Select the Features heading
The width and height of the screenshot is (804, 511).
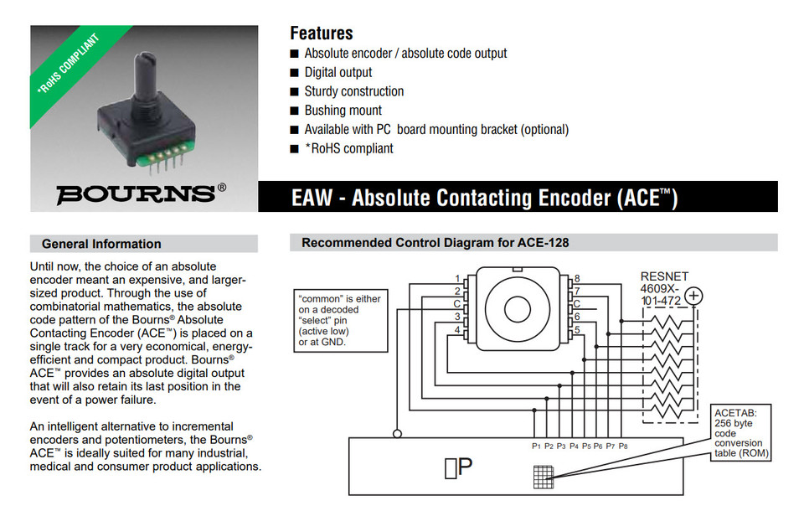(x=322, y=34)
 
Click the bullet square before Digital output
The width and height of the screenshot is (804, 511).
(x=294, y=73)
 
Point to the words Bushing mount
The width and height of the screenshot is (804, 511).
(x=343, y=111)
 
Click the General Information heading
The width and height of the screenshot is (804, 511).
(x=101, y=244)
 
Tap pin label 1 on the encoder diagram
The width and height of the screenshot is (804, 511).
(x=457, y=278)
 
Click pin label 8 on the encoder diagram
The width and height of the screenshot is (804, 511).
(x=577, y=278)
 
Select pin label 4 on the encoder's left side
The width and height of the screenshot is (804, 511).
(x=457, y=329)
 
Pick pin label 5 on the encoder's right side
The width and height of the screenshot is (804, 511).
(x=577, y=329)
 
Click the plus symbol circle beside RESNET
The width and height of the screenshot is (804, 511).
(x=693, y=295)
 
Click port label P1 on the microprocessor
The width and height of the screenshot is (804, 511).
(x=536, y=446)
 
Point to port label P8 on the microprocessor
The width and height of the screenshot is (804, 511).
(x=623, y=446)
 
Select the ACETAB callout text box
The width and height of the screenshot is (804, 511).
(x=740, y=432)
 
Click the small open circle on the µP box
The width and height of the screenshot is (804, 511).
(x=398, y=433)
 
